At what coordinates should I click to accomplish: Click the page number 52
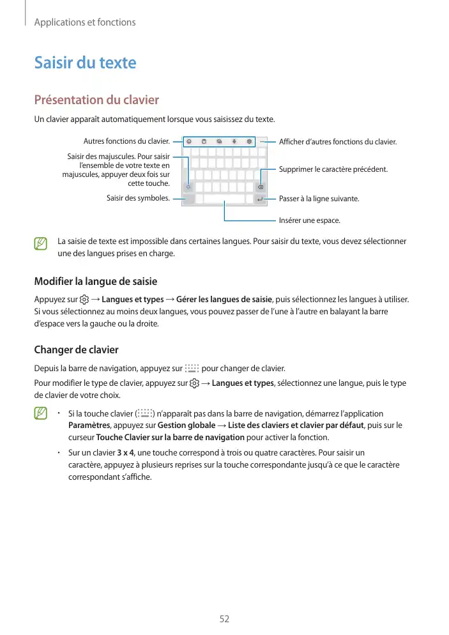pos(224,619)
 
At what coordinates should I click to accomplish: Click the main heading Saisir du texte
pos(85,63)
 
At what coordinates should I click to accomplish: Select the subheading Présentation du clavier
pos(96,100)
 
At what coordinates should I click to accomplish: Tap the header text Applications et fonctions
pos(84,22)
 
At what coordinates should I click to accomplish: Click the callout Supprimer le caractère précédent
pos(333,170)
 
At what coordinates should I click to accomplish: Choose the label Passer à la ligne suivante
pos(319,199)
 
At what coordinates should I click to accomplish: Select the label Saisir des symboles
pos(138,198)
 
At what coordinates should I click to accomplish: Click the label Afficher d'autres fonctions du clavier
pos(338,141)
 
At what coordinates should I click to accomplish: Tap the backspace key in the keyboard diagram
pos(261,188)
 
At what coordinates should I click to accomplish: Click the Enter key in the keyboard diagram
pos(261,199)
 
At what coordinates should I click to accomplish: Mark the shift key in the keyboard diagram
pos(188,188)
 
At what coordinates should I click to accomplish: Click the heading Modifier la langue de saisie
pos(95,282)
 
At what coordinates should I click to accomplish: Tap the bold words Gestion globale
pos(186,425)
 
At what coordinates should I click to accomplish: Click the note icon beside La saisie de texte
pos(42,243)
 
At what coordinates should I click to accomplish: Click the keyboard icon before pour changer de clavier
pos(191,369)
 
